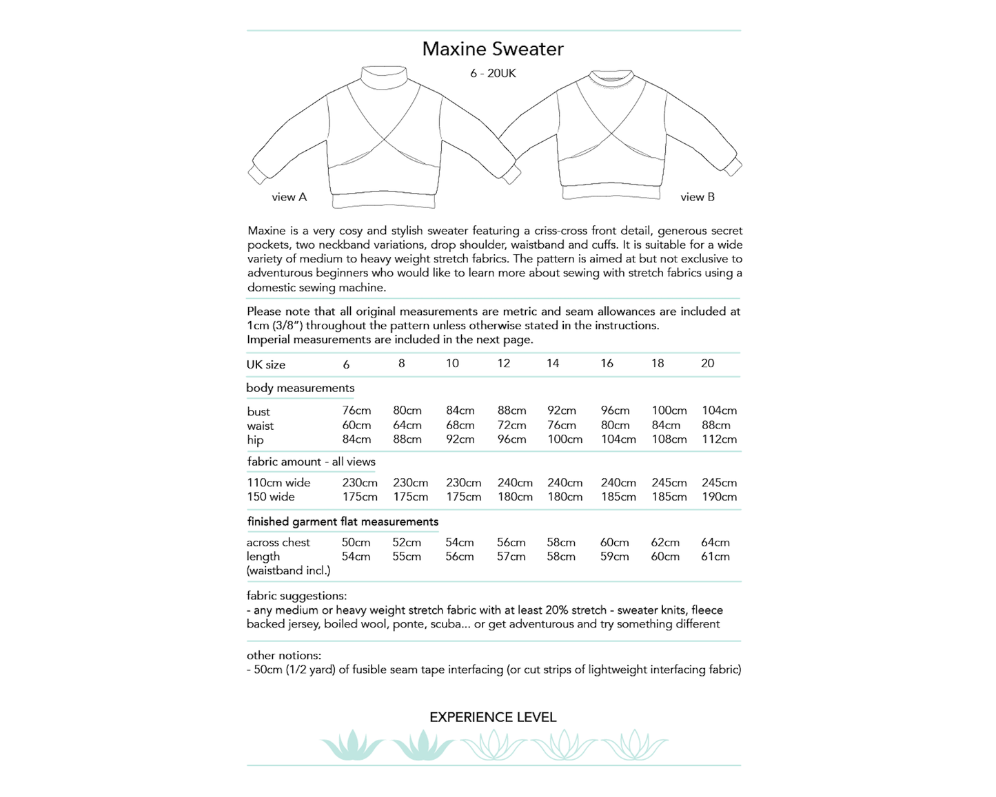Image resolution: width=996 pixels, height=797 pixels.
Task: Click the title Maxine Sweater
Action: click(493, 49)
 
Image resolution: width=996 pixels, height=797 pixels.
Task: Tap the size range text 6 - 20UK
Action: click(493, 74)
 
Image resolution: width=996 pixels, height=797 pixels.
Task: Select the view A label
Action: click(289, 197)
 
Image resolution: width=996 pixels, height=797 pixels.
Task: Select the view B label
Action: click(697, 197)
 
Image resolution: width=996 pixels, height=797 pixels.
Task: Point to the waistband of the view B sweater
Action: click(612, 192)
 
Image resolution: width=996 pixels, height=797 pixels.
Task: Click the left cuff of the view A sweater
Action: click(258, 174)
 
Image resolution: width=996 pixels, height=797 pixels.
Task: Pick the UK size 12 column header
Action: click(504, 364)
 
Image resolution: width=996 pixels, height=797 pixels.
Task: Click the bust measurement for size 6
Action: click(356, 411)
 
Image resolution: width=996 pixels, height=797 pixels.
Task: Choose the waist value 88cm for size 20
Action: click(716, 425)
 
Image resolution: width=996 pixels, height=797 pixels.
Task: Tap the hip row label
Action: click(255, 440)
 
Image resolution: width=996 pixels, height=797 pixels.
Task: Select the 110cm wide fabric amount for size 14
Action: click(565, 483)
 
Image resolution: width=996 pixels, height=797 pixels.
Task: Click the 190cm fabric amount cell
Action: click(719, 497)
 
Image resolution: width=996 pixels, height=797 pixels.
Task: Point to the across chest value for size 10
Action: click(459, 543)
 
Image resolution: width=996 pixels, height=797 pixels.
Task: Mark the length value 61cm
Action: click(715, 557)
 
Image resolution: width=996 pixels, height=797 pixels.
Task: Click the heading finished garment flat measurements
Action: click(343, 521)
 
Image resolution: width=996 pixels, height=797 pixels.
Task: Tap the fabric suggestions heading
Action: click(296, 596)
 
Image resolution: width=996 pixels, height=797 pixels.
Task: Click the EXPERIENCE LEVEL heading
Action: click(493, 717)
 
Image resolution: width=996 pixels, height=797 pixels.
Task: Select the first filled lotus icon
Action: click(352, 745)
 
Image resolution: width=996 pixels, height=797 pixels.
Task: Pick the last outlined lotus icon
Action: click(634, 745)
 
